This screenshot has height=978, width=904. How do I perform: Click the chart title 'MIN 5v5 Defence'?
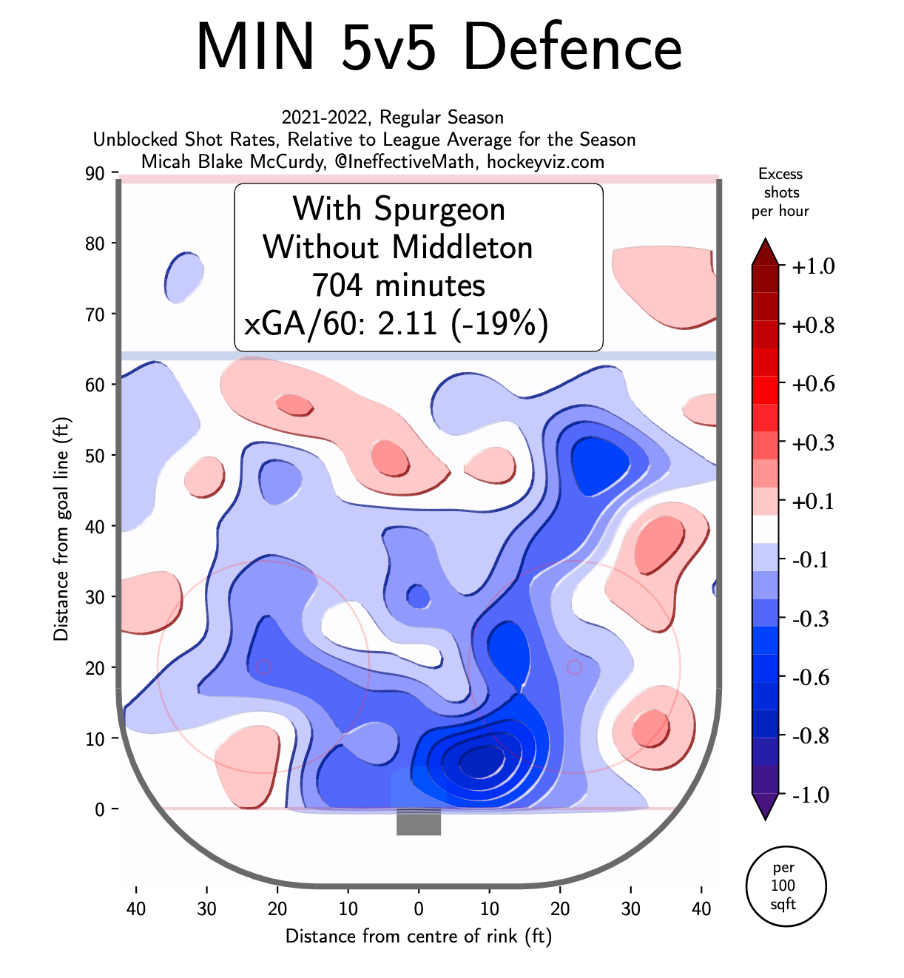439,47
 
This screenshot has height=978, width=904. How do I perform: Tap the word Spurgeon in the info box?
440,209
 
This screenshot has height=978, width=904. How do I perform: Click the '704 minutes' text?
398,286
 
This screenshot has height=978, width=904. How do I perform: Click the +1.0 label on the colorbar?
812,266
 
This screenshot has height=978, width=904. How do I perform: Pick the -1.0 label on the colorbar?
812,795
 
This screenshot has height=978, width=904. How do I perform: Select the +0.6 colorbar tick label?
812,384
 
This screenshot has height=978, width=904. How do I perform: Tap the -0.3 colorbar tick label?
812,618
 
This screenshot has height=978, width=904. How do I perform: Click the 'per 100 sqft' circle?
783,886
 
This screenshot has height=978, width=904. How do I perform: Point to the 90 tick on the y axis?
95,173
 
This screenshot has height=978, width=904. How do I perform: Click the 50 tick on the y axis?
95,456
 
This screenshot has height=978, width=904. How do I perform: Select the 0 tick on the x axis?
419,908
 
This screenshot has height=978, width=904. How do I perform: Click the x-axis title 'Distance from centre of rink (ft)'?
419,937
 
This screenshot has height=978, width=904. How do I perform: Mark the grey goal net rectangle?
419,822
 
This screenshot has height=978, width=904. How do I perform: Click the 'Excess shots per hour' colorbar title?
780,192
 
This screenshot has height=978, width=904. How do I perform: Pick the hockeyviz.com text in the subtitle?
545,161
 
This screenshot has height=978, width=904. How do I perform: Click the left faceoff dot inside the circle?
263,667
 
